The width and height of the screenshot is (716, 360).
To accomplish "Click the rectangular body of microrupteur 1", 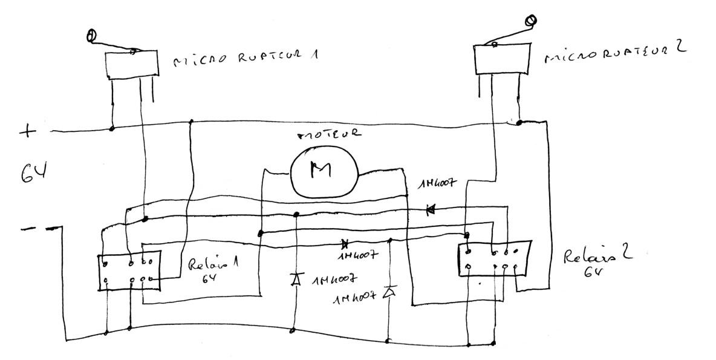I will point(131,65).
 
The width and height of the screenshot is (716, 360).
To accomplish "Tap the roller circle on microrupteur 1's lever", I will point(91,37).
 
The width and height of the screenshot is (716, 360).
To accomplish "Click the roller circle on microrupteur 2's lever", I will point(531,22).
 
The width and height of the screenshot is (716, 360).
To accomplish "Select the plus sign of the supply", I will point(27,131).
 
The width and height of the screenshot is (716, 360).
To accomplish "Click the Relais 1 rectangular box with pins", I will point(129,271).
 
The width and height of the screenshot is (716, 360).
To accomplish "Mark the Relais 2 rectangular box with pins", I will point(493,259).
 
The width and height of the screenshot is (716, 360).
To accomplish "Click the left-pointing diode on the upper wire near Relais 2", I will point(431,210).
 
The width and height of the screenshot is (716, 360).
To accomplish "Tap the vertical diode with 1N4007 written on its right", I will point(296,280).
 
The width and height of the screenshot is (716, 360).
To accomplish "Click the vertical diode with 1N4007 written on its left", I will point(390,293).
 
